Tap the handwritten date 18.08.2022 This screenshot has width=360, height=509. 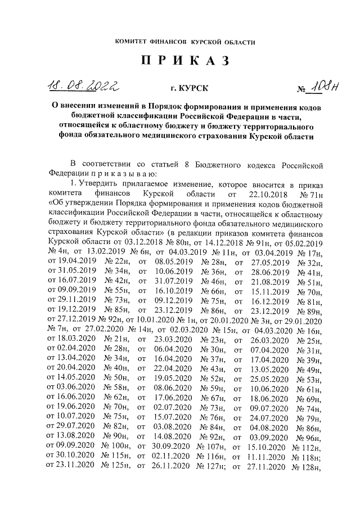[x=86, y=85]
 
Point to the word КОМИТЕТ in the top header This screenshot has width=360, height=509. [x=133, y=42]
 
